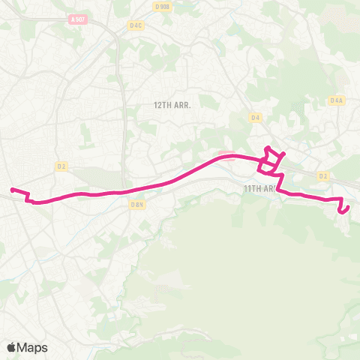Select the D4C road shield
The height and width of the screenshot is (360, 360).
point(136,25)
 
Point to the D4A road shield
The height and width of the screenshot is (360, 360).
point(336,100)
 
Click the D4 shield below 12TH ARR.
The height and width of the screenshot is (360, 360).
point(256,117)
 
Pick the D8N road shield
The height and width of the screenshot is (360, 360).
point(136,203)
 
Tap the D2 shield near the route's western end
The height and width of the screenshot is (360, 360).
point(61,166)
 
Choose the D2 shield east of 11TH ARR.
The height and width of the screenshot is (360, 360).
point(323,176)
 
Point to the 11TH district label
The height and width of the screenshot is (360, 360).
point(251,188)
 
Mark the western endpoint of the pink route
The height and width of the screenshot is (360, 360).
point(11,189)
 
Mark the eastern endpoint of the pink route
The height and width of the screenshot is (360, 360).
point(341,212)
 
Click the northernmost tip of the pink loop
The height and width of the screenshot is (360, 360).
point(268,146)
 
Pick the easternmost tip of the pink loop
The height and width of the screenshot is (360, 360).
point(285,154)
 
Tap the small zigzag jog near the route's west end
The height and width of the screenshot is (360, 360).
point(28,197)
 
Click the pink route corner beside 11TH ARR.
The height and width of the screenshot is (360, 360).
point(279,189)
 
